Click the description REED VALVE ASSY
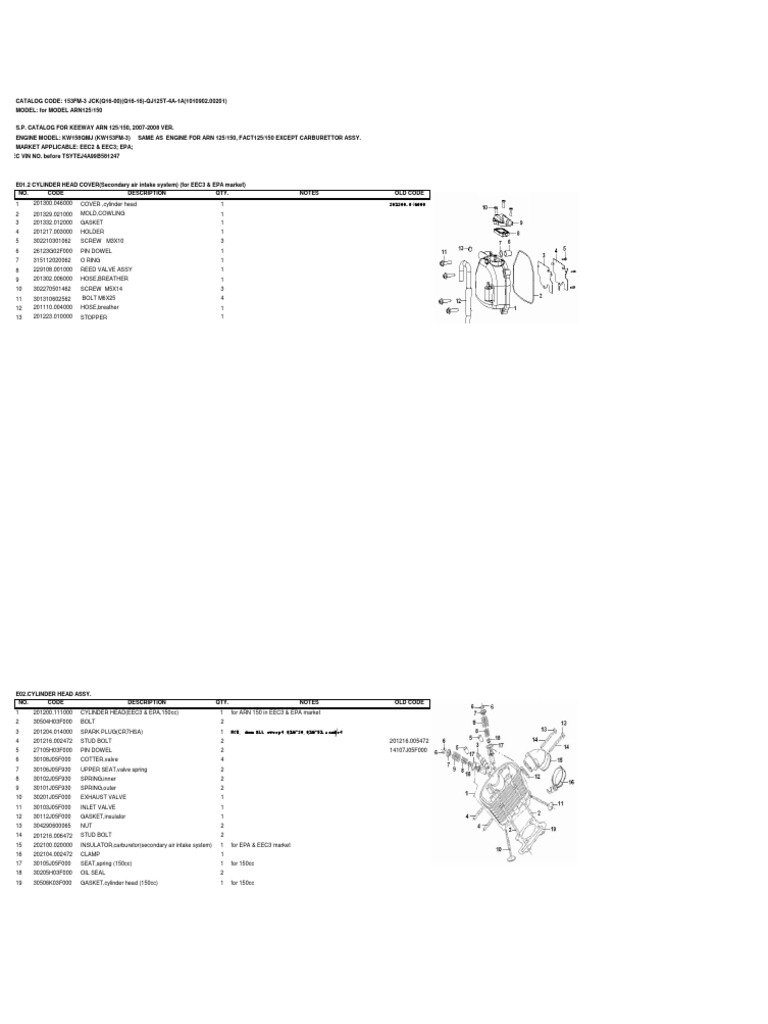(105, 270)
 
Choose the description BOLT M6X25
(99, 298)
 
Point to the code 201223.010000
(52, 316)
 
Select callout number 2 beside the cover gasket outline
(539, 295)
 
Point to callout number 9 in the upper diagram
(521, 223)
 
